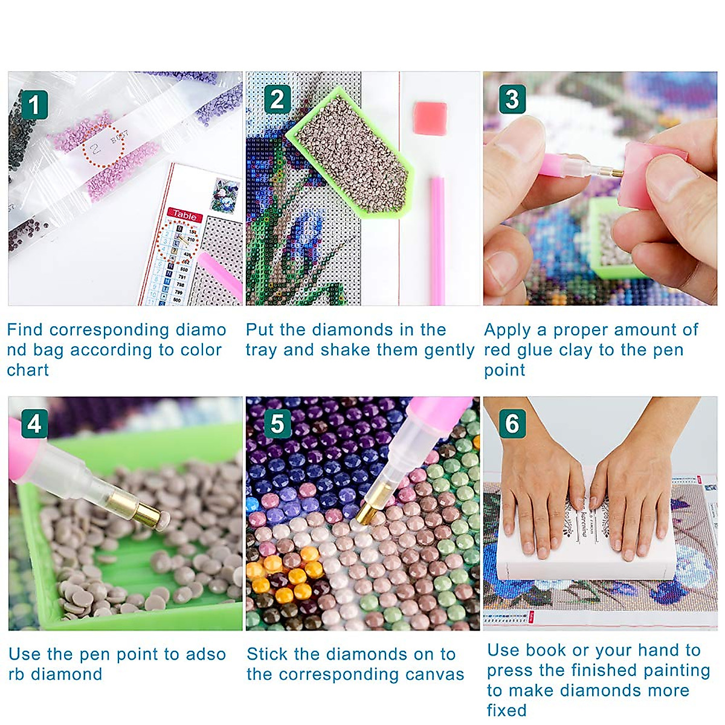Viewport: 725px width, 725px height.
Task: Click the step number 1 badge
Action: coord(34,105)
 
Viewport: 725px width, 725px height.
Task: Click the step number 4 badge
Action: coord(34,424)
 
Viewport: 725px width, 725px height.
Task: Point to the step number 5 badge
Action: coord(277,424)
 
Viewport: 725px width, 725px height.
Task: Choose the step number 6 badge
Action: coord(512,424)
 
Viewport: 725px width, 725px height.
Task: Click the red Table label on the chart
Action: coord(184,215)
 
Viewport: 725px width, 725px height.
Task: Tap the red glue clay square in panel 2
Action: coord(430,115)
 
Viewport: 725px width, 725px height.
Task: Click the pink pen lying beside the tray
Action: coord(437,239)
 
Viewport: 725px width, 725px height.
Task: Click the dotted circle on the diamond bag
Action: coord(103,144)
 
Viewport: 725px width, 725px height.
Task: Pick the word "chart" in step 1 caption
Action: coord(28,370)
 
